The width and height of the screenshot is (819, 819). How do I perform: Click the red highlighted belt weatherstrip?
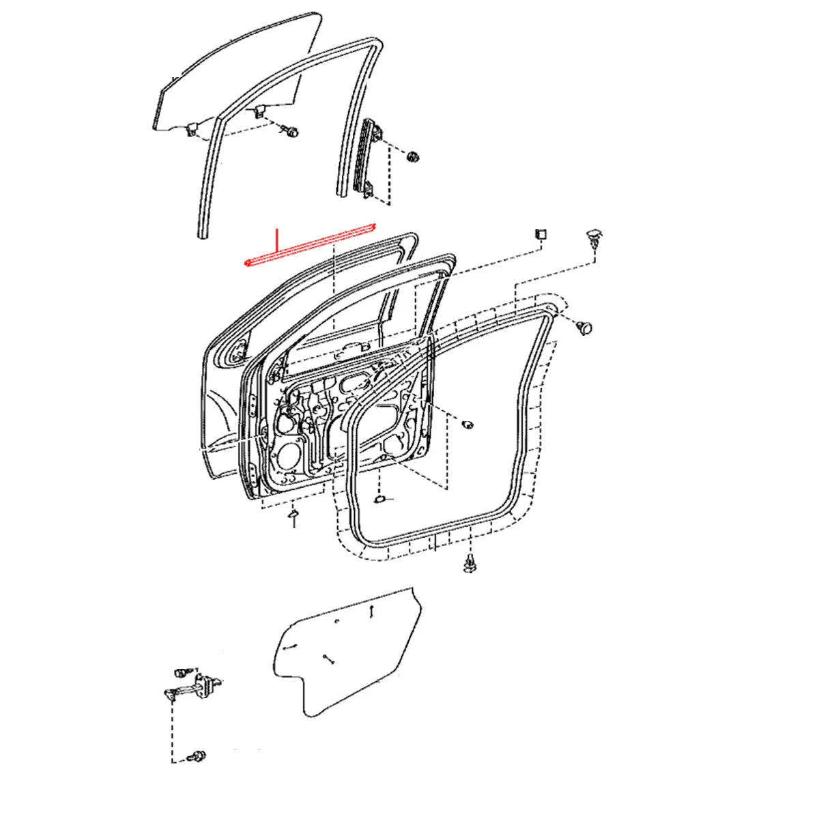click(311, 244)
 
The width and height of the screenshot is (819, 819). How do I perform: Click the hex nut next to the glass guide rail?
click(412, 156)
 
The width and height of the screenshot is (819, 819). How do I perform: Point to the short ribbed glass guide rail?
click(369, 158)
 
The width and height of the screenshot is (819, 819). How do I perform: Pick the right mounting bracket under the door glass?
click(259, 112)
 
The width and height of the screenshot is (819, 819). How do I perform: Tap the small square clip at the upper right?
click(540, 233)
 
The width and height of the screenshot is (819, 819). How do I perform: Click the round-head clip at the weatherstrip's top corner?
click(584, 328)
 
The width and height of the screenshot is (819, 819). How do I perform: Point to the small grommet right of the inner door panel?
click(468, 425)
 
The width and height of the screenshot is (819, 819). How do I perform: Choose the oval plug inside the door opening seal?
click(381, 500)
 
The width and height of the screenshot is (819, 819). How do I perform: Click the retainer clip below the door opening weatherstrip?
click(470, 563)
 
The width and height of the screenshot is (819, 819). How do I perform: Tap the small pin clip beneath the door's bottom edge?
click(293, 516)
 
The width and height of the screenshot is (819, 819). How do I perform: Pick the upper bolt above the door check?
click(185, 672)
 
